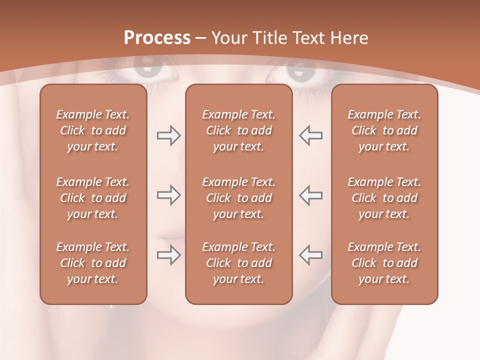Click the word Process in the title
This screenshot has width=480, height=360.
[157, 38]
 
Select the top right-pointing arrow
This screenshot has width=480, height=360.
[168, 135]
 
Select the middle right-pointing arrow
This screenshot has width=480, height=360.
[168, 195]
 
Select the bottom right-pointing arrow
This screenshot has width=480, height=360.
[168, 255]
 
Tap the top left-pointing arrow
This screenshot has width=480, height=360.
[310, 135]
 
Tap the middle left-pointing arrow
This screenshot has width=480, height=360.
[310, 195]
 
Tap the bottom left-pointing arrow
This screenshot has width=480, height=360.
[310, 255]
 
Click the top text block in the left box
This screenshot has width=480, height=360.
[93, 130]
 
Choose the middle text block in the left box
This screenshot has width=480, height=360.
[93, 198]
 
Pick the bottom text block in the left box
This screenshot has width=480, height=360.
[93, 263]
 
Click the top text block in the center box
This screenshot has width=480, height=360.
[238, 130]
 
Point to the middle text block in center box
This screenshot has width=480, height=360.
[238, 198]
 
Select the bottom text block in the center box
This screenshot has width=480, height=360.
[238, 263]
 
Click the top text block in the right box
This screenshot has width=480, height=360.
[384, 130]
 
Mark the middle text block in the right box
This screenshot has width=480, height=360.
[384, 198]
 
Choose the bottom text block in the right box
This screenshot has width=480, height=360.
[384, 263]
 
